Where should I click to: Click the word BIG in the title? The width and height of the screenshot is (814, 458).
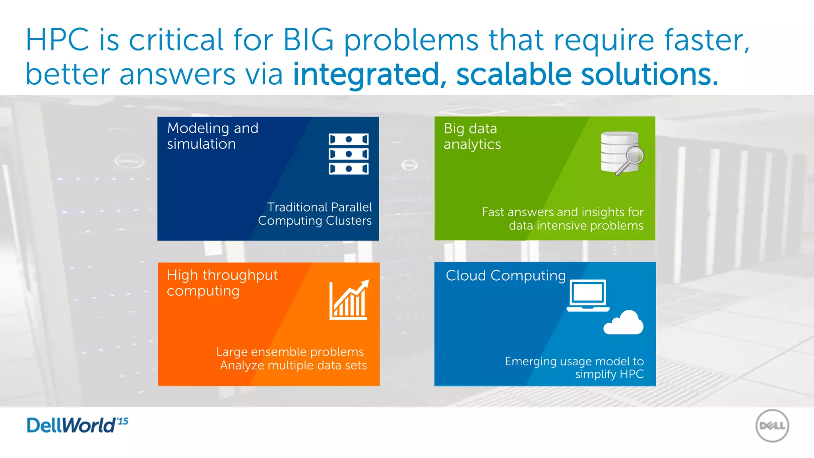[x=308, y=40]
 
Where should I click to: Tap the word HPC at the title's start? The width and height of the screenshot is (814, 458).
[x=58, y=40]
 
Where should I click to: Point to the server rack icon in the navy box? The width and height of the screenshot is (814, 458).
[x=349, y=154]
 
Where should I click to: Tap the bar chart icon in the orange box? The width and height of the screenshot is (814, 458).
[x=349, y=300]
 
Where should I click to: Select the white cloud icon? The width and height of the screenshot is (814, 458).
[x=623, y=323]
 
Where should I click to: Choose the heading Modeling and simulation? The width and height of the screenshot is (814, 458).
[x=213, y=136]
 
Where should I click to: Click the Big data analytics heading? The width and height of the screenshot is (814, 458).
[x=472, y=136]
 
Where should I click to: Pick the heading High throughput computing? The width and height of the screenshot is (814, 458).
[x=222, y=283]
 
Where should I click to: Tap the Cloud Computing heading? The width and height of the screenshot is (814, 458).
[x=506, y=276]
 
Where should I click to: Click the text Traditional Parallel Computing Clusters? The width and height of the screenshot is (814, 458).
[x=315, y=214]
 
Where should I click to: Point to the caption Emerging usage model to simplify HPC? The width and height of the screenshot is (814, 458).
[x=574, y=367]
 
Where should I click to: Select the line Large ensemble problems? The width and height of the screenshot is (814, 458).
[x=290, y=352]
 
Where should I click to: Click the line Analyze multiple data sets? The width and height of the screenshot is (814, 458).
[x=293, y=365]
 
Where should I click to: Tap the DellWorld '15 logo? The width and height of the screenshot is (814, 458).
[x=77, y=425]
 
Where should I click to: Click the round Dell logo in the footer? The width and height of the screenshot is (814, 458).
[x=772, y=426]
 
